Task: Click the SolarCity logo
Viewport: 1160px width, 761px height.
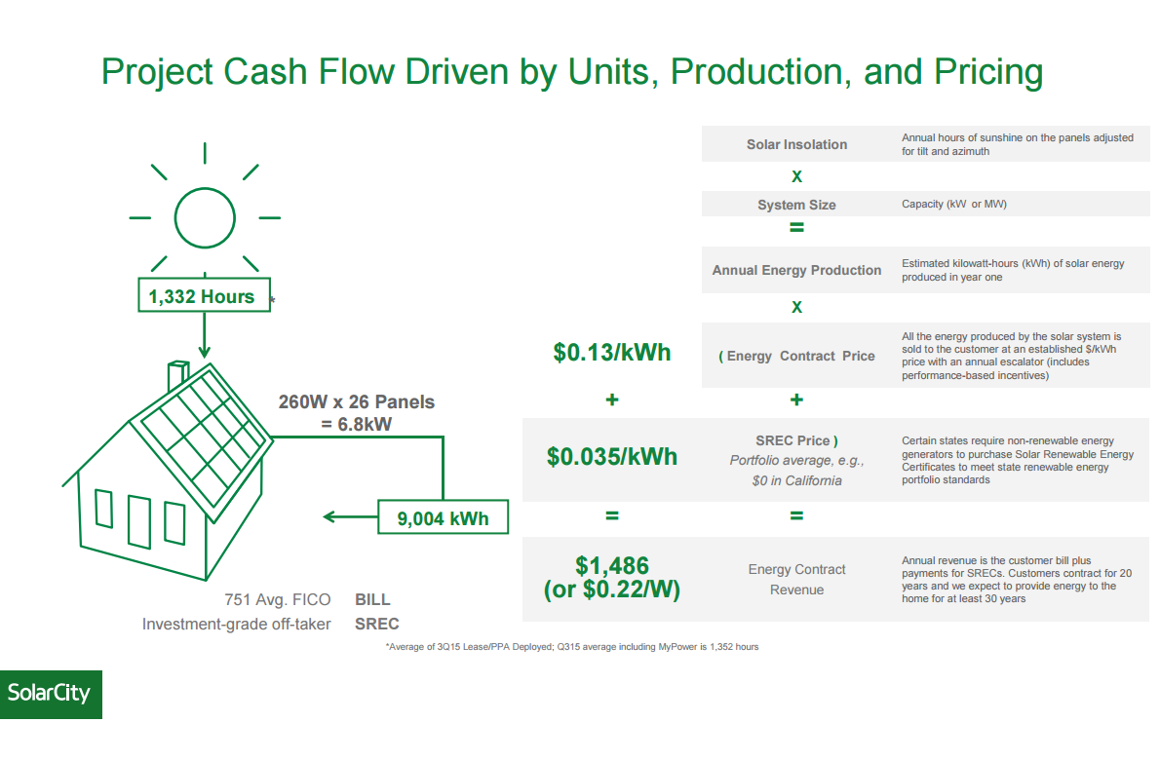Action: [50, 694]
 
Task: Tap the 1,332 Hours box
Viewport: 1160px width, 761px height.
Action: [202, 297]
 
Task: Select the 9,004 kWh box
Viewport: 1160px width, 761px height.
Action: [444, 518]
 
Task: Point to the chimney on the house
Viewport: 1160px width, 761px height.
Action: [177, 375]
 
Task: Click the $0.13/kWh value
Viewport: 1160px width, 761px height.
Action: [612, 353]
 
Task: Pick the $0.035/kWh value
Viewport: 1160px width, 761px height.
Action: [612, 456]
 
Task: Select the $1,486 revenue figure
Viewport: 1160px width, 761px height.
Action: [612, 565]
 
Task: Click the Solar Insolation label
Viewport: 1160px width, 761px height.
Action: [796, 144]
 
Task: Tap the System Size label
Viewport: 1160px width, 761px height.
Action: [796, 205]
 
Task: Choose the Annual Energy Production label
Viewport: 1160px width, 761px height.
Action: [796, 270]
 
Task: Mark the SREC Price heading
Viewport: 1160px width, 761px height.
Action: [796, 440]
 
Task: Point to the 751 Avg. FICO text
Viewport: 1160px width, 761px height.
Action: [277, 600]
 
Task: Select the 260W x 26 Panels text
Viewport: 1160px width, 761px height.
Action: [357, 401]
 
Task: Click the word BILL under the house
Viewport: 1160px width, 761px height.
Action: [372, 600]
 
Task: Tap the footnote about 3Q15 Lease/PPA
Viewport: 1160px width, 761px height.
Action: [571, 647]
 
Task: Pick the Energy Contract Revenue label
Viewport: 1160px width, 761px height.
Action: [796, 580]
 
